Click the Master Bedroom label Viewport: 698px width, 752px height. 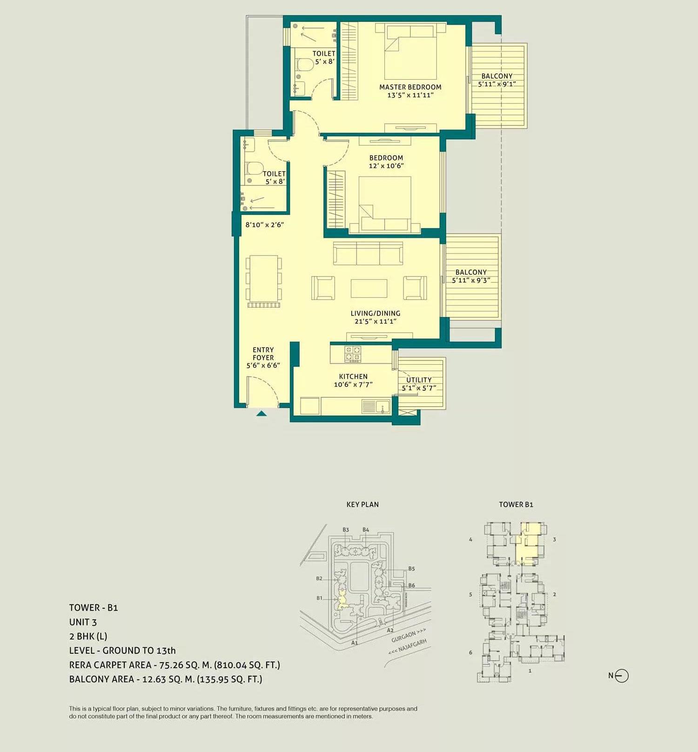point(410,87)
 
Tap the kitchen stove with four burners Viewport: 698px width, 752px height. point(352,354)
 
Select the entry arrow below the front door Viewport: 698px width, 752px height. point(262,413)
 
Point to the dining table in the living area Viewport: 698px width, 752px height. point(264,279)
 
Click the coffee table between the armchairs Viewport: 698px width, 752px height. point(369,288)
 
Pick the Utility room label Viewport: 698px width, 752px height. point(419,380)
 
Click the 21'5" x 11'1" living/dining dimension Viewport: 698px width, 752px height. point(375,321)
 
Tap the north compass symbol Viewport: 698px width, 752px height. point(622,676)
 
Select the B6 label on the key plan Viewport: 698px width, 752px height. point(411,585)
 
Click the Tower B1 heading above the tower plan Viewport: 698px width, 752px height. point(516,504)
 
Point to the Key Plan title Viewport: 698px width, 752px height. point(362,504)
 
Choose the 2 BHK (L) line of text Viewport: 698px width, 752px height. point(88,636)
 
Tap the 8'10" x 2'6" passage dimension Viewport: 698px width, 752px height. point(264,225)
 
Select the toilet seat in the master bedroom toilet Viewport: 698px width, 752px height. point(303,65)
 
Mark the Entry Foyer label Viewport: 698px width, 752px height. point(263,354)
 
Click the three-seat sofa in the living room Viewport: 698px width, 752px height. point(368,253)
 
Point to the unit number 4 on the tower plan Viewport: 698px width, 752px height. point(470,540)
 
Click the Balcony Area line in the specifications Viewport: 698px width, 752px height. point(165,679)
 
